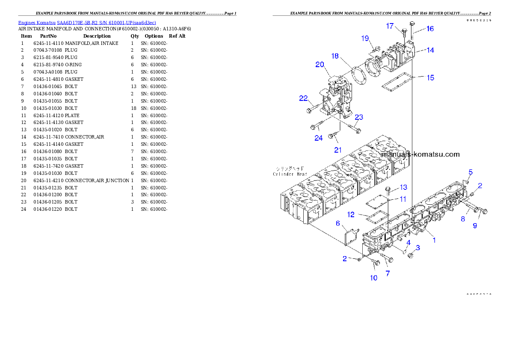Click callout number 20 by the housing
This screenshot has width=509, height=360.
320,65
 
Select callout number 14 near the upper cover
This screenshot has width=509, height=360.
430,50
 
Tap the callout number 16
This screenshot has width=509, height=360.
430,29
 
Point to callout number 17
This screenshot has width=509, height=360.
390,26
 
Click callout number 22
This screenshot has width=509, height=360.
303,98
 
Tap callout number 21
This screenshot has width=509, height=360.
338,150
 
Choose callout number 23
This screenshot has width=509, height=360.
359,117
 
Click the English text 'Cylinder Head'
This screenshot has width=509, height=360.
290,174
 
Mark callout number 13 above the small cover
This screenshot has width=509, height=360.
403,187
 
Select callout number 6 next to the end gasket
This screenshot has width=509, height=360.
338,223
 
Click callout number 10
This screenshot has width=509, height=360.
373,277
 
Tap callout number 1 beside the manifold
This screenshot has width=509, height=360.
434,240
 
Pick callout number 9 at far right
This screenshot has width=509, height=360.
475,225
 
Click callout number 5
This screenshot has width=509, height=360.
470,172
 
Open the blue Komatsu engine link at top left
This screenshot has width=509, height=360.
87,22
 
